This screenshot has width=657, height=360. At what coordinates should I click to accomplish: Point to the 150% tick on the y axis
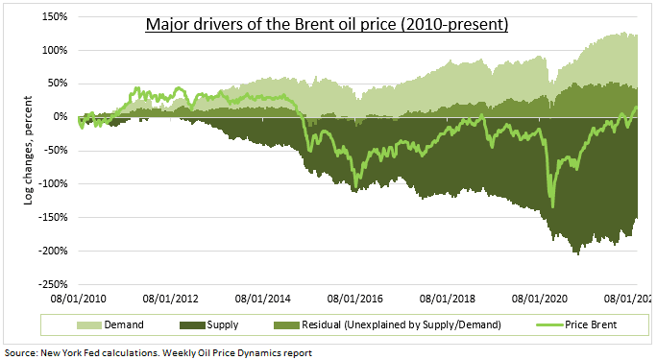[54, 16]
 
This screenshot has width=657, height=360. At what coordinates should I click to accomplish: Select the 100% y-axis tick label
[54, 50]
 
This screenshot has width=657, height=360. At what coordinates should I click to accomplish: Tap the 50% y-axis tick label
[57, 84]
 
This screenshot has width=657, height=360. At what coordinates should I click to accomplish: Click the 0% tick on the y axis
[60, 117]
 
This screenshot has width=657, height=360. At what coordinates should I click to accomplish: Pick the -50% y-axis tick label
[55, 151]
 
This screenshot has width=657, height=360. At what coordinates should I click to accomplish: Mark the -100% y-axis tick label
[52, 184]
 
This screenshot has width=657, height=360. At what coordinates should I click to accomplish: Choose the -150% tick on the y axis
[52, 218]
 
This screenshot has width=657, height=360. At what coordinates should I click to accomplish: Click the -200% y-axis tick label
[52, 251]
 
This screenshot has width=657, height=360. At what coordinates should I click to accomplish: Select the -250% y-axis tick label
[52, 284]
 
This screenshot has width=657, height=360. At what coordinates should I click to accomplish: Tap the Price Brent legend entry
[587, 325]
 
